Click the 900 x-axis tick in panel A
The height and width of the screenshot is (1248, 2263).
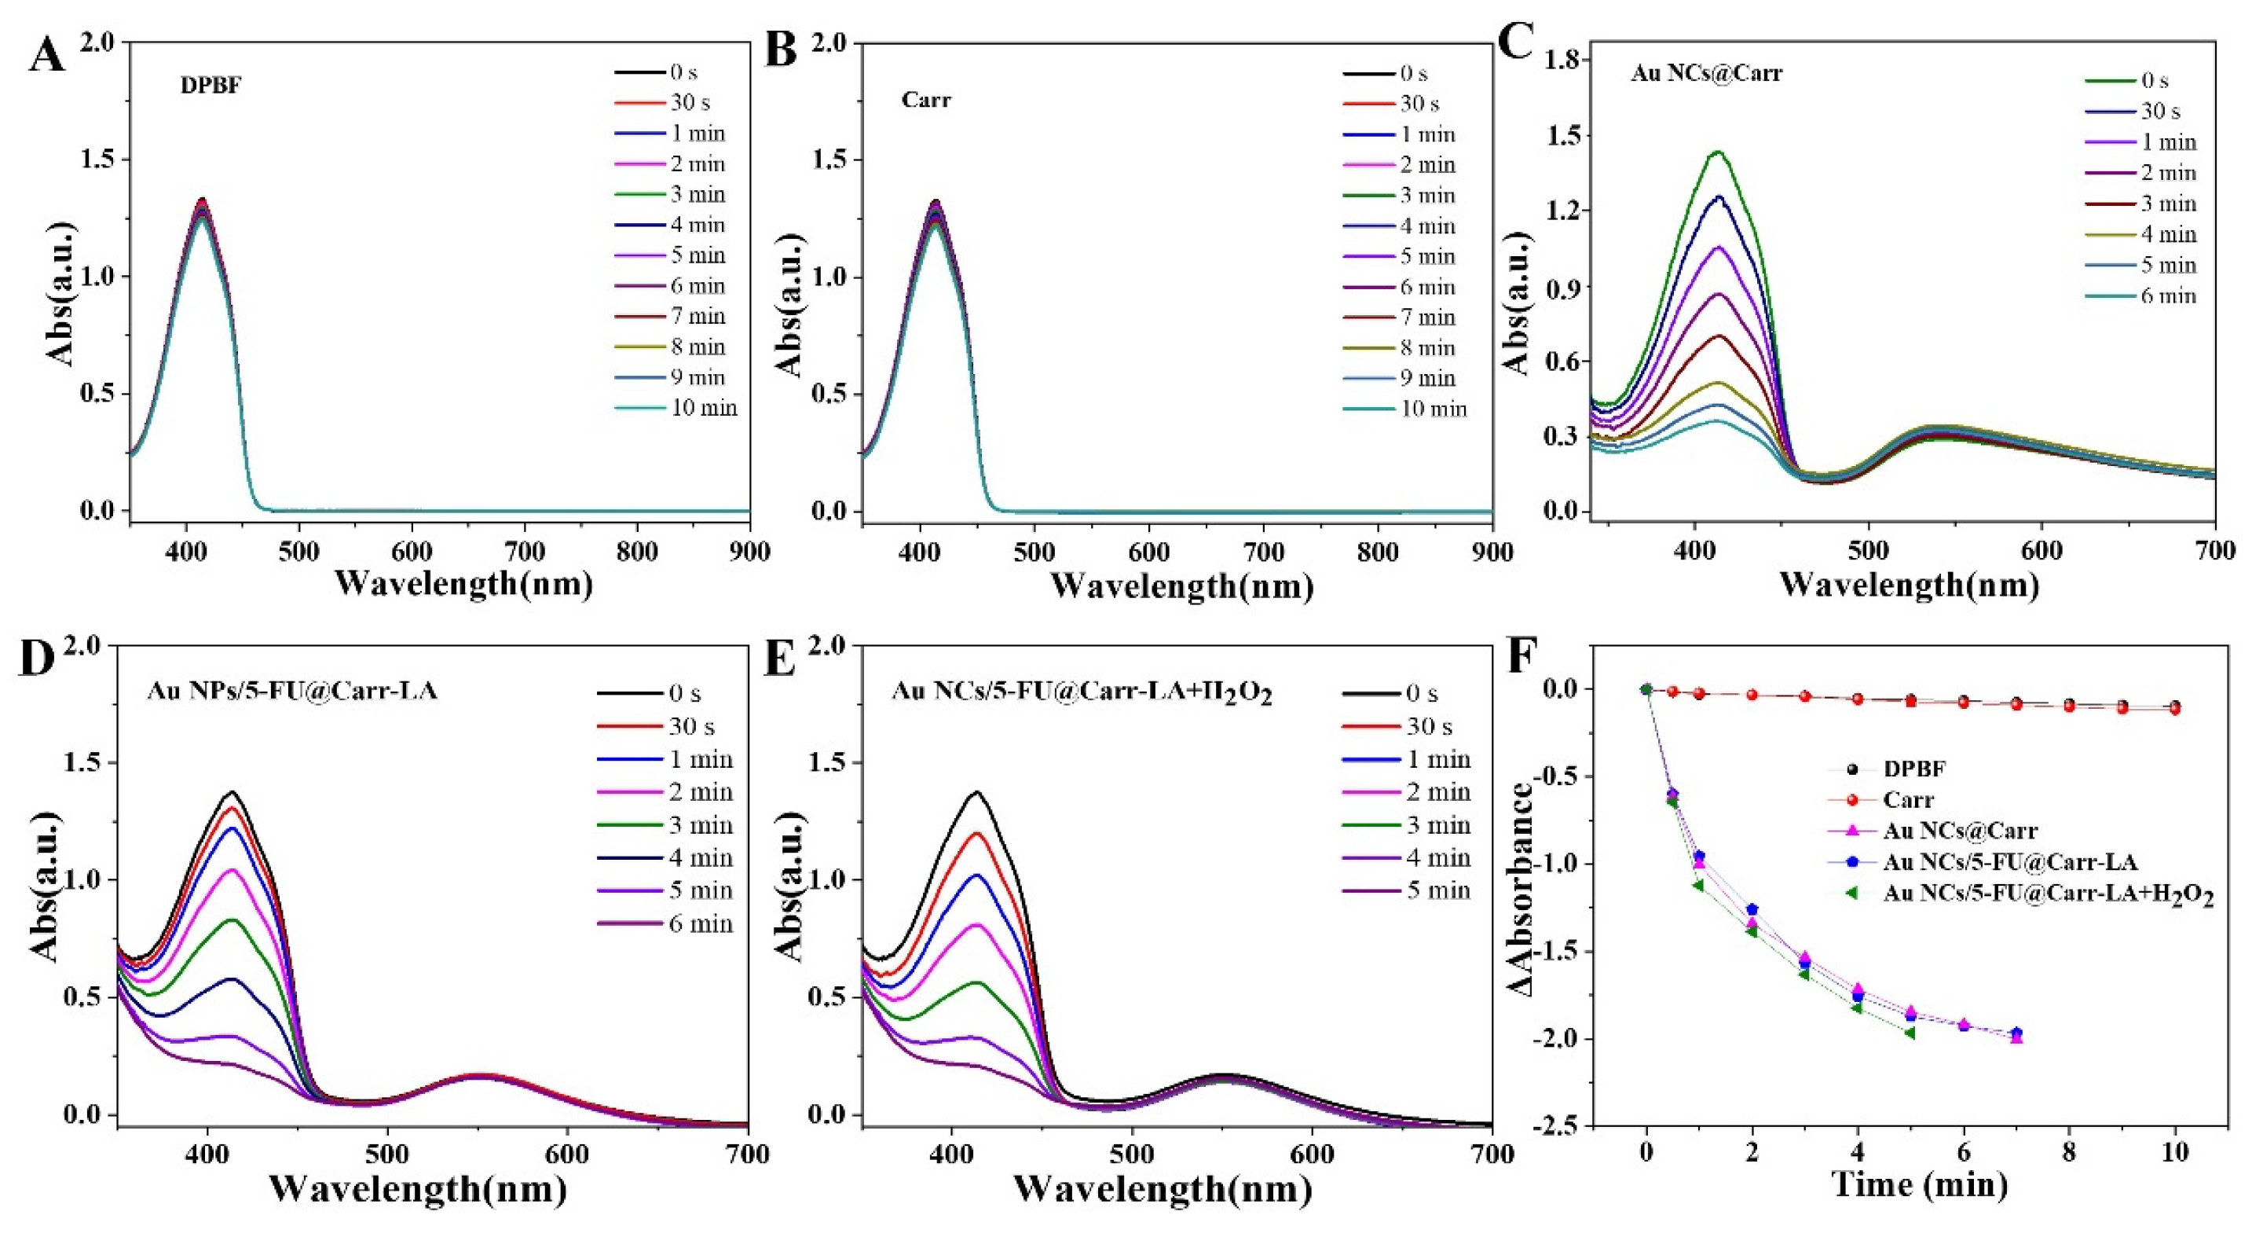[749, 551]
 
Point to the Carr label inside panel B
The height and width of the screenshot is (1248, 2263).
[926, 100]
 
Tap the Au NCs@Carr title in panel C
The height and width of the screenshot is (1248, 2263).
[1707, 73]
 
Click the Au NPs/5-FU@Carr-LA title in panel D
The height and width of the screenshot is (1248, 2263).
[291, 691]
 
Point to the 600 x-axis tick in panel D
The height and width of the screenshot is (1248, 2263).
[566, 1154]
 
